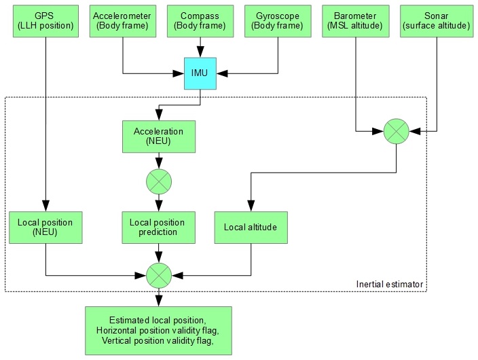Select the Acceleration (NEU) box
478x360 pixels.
(159, 137)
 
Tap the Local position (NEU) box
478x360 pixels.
(45, 228)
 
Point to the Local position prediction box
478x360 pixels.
(159, 228)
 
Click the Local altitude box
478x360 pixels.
(251, 228)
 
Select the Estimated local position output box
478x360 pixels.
(159, 331)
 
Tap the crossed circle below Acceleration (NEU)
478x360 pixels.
(159, 181)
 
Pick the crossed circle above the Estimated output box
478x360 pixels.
(159, 275)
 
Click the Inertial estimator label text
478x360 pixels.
(390, 283)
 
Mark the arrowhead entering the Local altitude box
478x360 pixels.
(251, 207)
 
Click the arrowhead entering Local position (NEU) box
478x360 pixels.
(45, 207)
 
